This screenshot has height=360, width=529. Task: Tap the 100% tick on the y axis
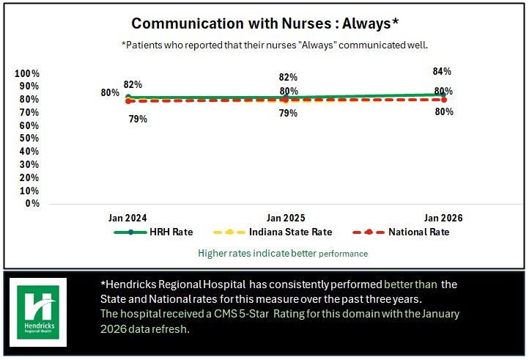[x=27, y=74]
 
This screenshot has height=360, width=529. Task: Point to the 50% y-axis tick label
[x=29, y=139]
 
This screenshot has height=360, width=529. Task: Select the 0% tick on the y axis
[x=32, y=203]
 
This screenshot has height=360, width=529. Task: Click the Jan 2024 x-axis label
[x=127, y=218]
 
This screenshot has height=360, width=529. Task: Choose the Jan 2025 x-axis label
[x=286, y=218]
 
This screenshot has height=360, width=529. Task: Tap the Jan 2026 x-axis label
[x=444, y=218]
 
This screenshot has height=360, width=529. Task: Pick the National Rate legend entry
[x=419, y=232]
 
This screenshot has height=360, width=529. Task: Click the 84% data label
[x=443, y=72]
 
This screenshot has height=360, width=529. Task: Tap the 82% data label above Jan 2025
[x=288, y=77]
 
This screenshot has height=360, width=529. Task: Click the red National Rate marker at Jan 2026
[x=444, y=100]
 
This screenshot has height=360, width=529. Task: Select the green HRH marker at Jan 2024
[x=128, y=97]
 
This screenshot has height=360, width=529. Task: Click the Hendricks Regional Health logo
[x=42, y=312]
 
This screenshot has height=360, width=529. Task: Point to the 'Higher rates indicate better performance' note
[x=283, y=253]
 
